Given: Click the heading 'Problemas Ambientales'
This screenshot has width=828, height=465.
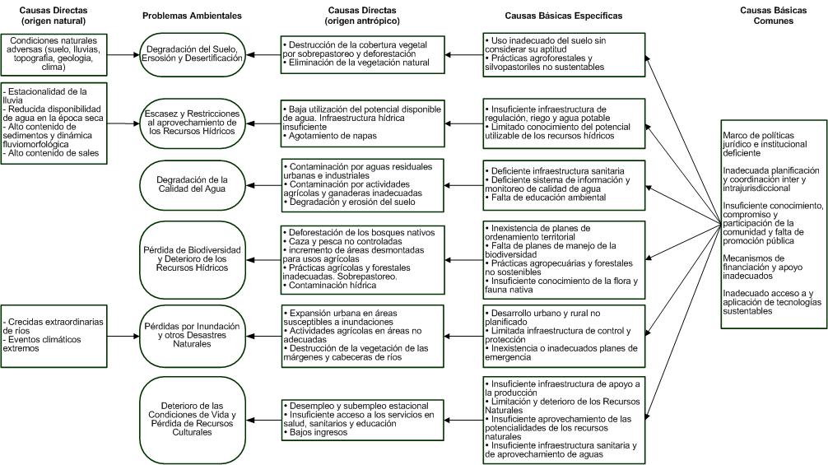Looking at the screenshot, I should (192, 16).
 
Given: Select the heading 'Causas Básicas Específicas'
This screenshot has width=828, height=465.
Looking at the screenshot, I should (564, 16).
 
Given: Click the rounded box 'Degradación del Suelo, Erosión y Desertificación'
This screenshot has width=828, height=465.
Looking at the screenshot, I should (192, 54).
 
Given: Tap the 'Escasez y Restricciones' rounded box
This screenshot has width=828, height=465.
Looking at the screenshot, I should (192, 123).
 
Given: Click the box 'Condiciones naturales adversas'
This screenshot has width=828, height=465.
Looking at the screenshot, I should (53, 54).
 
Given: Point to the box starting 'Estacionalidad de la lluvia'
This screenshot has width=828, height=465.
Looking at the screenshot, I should (53, 123).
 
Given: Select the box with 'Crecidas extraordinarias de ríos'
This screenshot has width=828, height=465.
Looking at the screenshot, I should (53, 335).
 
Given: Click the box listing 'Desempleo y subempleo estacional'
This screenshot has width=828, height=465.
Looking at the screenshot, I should (360, 419).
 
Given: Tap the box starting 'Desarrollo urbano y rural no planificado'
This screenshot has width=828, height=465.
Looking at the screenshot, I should (564, 335).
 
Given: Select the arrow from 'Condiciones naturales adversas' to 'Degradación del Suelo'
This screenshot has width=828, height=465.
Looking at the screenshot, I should (123, 54).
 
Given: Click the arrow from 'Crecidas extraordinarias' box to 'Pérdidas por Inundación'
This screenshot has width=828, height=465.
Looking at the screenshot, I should (123, 336).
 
